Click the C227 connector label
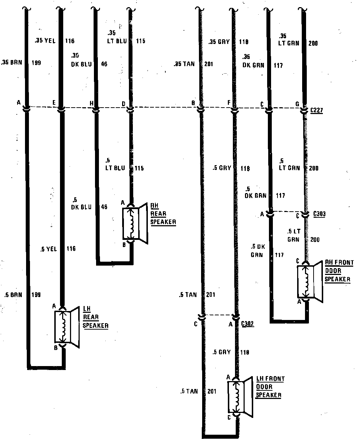[316, 110]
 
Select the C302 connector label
[247, 324]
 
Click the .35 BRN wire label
[12, 63]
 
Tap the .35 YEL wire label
[46, 41]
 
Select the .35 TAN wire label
[184, 64]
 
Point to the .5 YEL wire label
[49, 249]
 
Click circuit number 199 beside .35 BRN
[36, 63]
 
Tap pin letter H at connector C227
[91, 103]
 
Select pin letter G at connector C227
[297, 104]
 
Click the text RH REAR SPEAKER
[163, 214]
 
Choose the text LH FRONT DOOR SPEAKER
[270, 387]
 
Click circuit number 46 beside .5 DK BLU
[104, 207]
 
